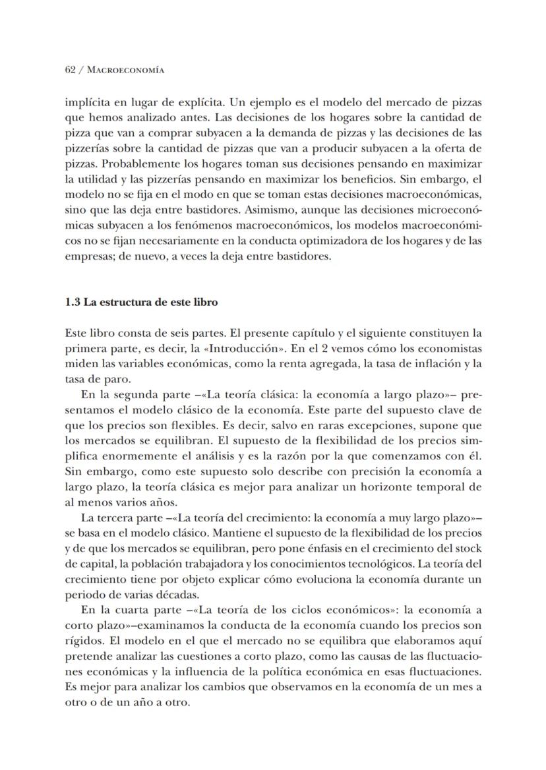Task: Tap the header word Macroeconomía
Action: pyautogui.click(x=125, y=69)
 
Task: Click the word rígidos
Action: pyautogui.click(x=82, y=641)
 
